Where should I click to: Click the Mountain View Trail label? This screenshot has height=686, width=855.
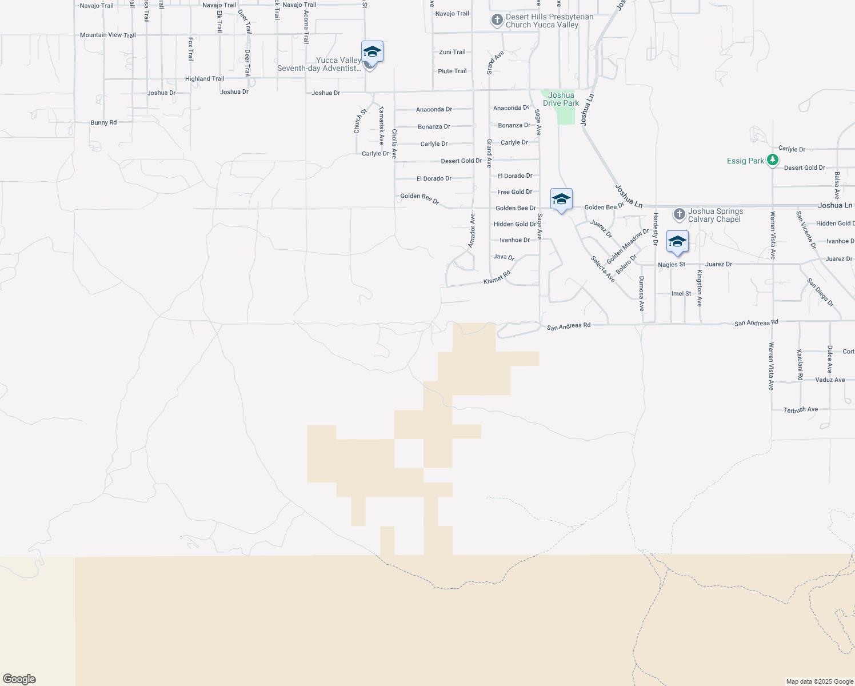tap(108, 35)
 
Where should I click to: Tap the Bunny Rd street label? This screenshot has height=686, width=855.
tap(103, 123)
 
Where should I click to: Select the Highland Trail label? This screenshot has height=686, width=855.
tap(205, 79)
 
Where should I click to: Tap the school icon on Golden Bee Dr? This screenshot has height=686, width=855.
tap(561, 200)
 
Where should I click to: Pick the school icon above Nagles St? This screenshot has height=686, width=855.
tap(677, 242)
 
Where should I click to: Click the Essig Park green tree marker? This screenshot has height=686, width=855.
tap(773, 160)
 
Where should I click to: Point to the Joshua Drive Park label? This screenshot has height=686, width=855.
tap(561, 99)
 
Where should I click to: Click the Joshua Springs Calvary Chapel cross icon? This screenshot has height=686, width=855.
tap(679, 214)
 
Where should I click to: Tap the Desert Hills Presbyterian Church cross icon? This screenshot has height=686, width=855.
tap(497, 21)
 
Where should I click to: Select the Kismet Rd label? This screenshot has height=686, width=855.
tap(497, 278)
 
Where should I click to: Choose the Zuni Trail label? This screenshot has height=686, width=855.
tap(453, 52)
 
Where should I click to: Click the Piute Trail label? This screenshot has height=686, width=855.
tap(453, 71)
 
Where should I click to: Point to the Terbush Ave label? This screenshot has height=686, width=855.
tap(801, 410)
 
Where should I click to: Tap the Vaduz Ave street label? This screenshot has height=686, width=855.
tap(830, 380)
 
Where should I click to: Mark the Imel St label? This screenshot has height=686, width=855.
tap(681, 294)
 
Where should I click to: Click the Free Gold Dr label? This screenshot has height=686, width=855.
tap(514, 192)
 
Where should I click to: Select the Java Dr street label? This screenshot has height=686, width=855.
tap(504, 257)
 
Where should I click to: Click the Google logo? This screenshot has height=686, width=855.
tap(19, 679)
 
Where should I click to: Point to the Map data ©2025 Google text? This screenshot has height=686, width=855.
tap(820, 681)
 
